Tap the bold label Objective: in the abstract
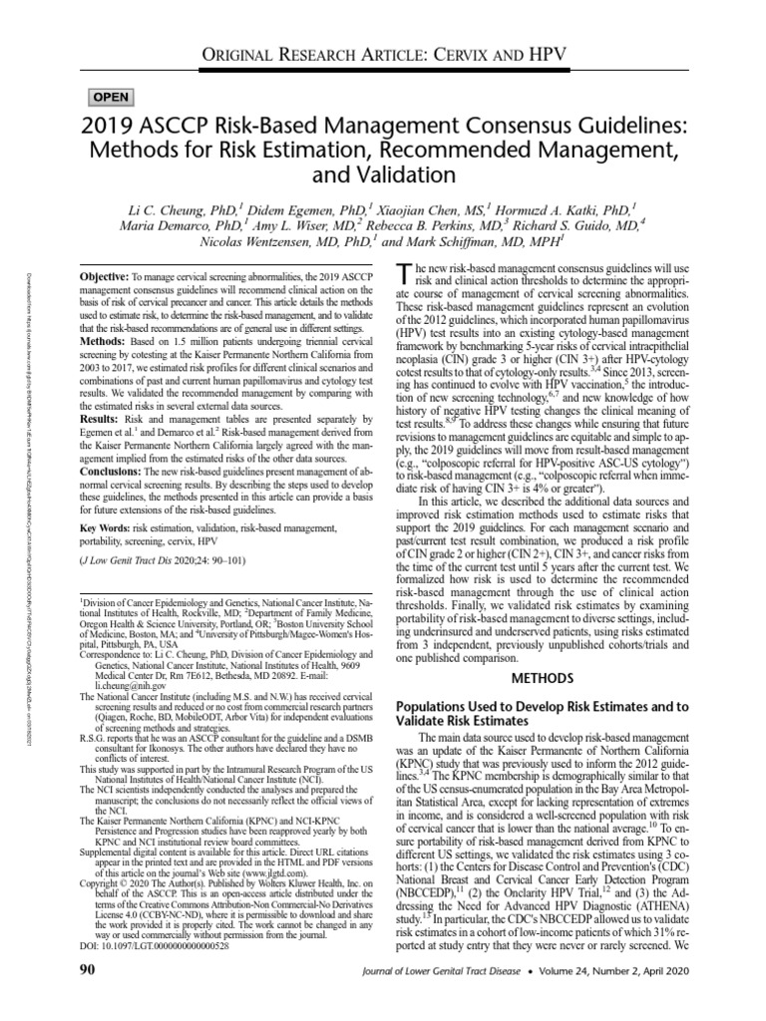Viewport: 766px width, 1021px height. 105,273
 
